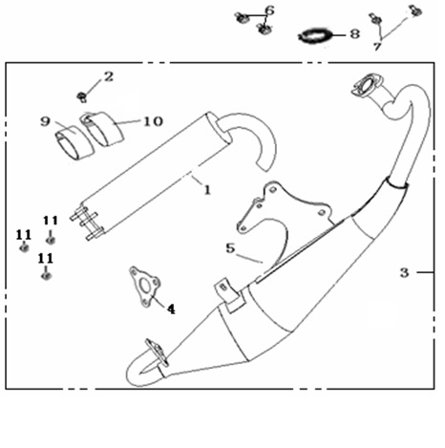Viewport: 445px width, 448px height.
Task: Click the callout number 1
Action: [x=207, y=190]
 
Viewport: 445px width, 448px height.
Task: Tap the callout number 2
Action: [x=109, y=76]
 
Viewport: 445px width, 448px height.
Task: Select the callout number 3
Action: [x=404, y=272]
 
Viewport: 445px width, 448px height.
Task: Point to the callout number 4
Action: [x=171, y=309]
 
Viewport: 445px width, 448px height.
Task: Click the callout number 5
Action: [x=230, y=248]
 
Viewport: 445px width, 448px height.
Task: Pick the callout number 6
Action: [x=269, y=11]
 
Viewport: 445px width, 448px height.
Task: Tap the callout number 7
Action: [x=377, y=47]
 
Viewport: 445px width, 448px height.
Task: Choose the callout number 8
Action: [x=355, y=33]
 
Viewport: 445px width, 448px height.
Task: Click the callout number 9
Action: [x=46, y=121]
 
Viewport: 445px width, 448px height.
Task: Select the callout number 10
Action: [x=154, y=121]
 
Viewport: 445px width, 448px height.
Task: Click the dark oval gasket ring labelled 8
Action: [x=315, y=35]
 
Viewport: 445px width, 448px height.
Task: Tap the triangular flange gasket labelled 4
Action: [x=145, y=287]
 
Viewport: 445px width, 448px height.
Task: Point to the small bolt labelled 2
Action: [x=82, y=96]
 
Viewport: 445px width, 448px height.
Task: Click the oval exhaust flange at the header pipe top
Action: [x=367, y=85]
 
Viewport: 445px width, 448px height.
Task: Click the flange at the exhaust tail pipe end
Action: [x=157, y=352]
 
